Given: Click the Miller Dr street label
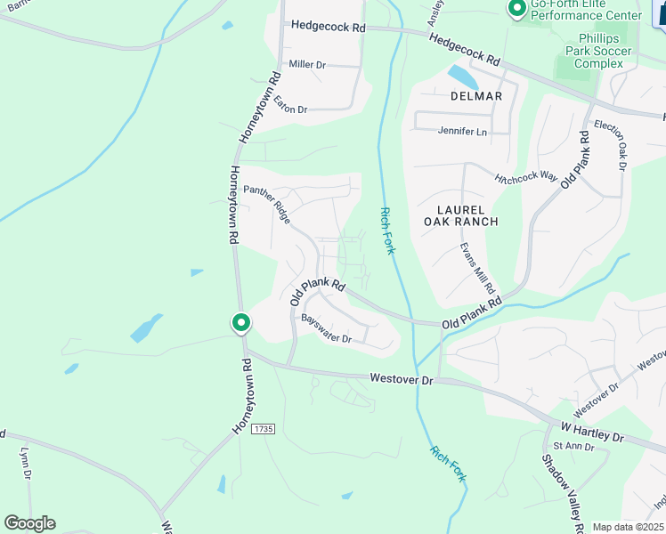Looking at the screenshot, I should pos(308,65).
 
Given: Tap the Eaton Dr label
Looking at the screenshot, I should pos(290,104).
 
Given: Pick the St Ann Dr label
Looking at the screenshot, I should pos(566,446).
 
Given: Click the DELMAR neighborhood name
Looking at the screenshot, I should pos(476,96).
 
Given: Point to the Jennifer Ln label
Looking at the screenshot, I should pos(463,132).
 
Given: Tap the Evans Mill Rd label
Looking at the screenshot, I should pos(477,268).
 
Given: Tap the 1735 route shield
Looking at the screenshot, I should pos(263,429).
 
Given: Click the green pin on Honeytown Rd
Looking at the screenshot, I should pos(240,322).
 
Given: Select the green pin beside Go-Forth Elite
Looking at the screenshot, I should pos(516,9).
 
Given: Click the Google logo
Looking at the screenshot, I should pos(29,523).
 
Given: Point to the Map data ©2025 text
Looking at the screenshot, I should pos(628,527).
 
